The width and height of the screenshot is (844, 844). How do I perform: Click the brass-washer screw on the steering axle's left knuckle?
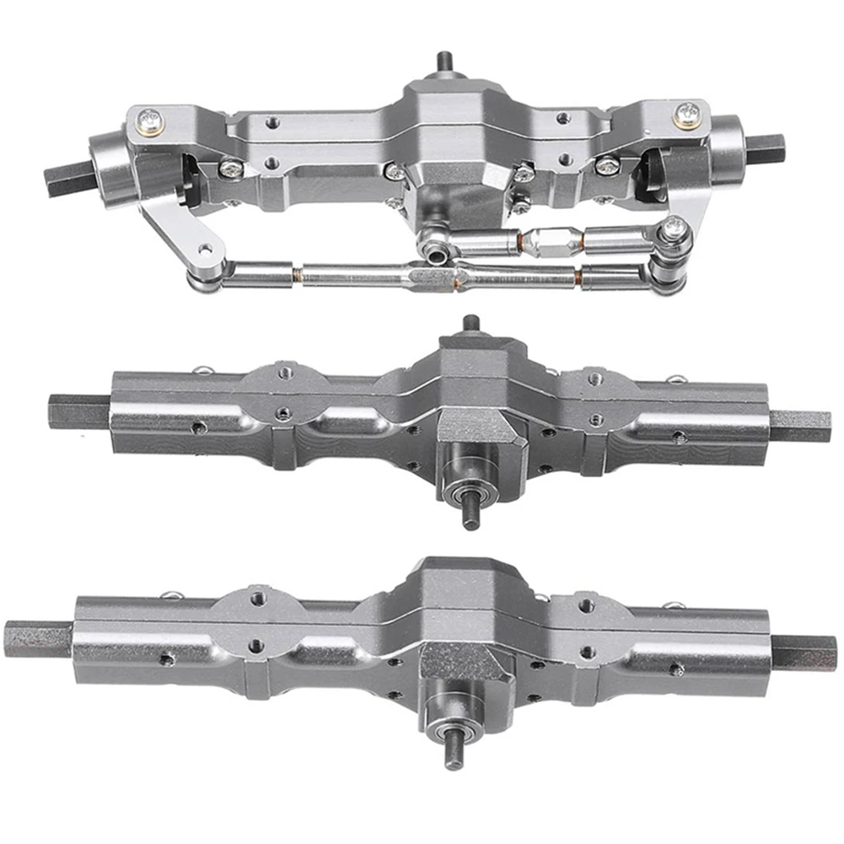pyautogui.click(x=151, y=121)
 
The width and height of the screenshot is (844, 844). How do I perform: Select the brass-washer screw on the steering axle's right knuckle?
pyautogui.click(x=687, y=113)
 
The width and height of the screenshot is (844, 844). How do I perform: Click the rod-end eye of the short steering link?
pyautogui.click(x=436, y=250)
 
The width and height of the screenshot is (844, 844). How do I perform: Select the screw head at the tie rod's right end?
pyautogui.click(x=672, y=228)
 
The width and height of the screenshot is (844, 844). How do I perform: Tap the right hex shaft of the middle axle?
pyautogui.click(x=800, y=426)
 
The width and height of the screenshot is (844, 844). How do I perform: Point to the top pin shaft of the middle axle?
pyautogui.click(x=470, y=325)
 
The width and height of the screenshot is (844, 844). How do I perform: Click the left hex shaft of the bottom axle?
pyautogui.click(x=37, y=638)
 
